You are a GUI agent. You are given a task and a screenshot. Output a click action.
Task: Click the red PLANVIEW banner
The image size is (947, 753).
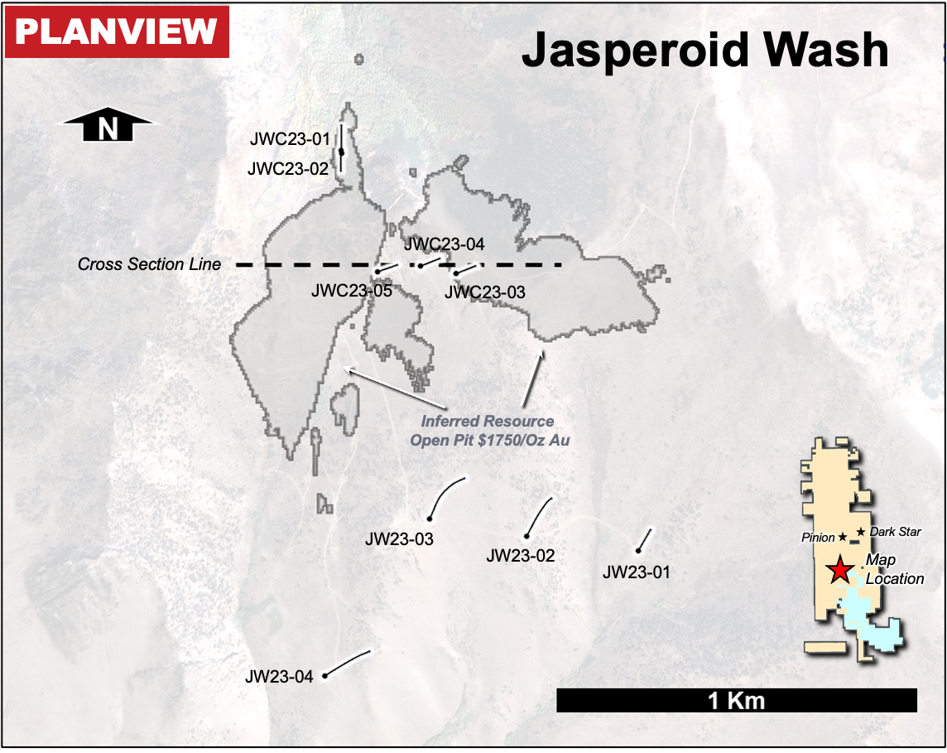(117, 33)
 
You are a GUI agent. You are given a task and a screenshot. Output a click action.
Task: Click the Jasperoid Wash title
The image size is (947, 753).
(704, 51)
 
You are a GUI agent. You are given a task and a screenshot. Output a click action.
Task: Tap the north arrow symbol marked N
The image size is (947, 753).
(108, 128)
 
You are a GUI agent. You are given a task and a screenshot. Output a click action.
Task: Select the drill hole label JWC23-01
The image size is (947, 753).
(290, 139)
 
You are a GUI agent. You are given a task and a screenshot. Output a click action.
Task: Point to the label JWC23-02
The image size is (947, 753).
(289, 169)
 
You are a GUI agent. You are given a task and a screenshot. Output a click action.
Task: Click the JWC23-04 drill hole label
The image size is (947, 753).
(444, 244)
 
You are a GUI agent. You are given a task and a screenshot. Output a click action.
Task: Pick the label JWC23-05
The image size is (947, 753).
(351, 291)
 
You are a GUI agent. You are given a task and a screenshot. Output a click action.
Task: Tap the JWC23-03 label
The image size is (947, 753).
(484, 292)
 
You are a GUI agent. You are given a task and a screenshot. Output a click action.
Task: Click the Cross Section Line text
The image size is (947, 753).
(150, 264)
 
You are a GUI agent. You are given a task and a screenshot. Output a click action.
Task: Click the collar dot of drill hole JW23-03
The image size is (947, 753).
(430, 519)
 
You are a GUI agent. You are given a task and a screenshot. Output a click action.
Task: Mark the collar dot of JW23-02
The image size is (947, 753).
(526, 536)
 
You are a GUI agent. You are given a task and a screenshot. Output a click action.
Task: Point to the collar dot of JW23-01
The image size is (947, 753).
(638, 550)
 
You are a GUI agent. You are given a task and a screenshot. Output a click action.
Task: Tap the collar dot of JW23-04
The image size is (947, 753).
(325, 676)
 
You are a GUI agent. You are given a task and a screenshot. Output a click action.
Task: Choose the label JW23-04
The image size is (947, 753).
(279, 677)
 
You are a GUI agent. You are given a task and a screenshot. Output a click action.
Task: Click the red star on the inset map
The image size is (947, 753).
(839, 570)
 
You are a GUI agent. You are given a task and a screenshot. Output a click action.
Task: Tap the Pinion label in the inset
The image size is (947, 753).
(818, 538)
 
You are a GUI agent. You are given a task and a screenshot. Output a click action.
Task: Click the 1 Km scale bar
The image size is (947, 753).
(736, 701)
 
